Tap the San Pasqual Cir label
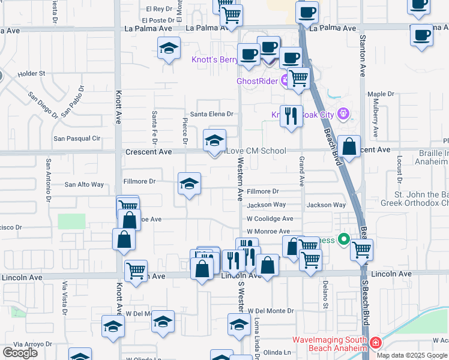click(x=77, y=139)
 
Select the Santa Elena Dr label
click(x=211, y=114)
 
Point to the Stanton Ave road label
click(x=363, y=55)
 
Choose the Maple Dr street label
click(x=381, y=94)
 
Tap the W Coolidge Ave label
click(x=270, y=219)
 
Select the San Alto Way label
click(x=84, y=185)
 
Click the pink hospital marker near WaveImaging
click(x=375, y=343)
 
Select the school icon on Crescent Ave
click(x=215, y=141)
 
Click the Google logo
click(x=20, y=353)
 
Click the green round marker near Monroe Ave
click(x=344, y=240)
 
